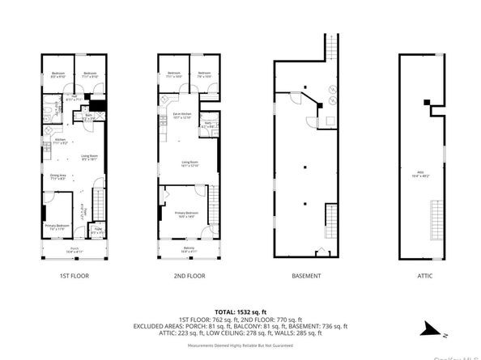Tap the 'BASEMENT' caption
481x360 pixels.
coord(306,276)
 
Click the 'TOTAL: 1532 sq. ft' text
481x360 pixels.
coord(240,311)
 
